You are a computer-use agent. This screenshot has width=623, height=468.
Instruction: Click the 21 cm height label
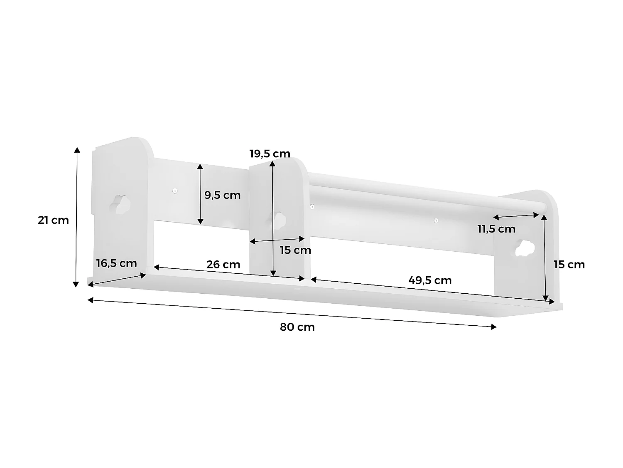click(53, 220)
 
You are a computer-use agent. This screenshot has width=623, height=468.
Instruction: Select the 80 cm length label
click(297, 327)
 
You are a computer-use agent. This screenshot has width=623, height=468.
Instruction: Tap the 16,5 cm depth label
click(116, 263)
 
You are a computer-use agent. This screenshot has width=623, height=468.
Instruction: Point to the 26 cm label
click(223, 264)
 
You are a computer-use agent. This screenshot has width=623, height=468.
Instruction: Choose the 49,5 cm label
click(430, 280)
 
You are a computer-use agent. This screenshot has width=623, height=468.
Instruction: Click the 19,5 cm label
click(270, 154)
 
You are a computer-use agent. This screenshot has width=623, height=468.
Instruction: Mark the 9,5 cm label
click(223, 195)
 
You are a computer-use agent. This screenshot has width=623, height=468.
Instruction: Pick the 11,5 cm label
click(496, 229)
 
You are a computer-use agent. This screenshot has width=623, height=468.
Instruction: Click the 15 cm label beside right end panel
click(569, 264)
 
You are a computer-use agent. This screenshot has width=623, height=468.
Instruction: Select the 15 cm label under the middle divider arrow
click(295, 250)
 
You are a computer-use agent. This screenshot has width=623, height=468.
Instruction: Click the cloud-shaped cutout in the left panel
click(121, 204)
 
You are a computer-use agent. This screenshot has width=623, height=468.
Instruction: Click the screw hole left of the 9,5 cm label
click(175, 191)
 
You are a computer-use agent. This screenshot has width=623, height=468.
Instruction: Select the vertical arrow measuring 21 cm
click(76, 217)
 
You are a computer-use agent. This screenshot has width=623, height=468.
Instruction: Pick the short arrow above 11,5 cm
click(516, 215)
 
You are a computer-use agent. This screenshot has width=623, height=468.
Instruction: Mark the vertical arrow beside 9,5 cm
click(200, 194)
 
